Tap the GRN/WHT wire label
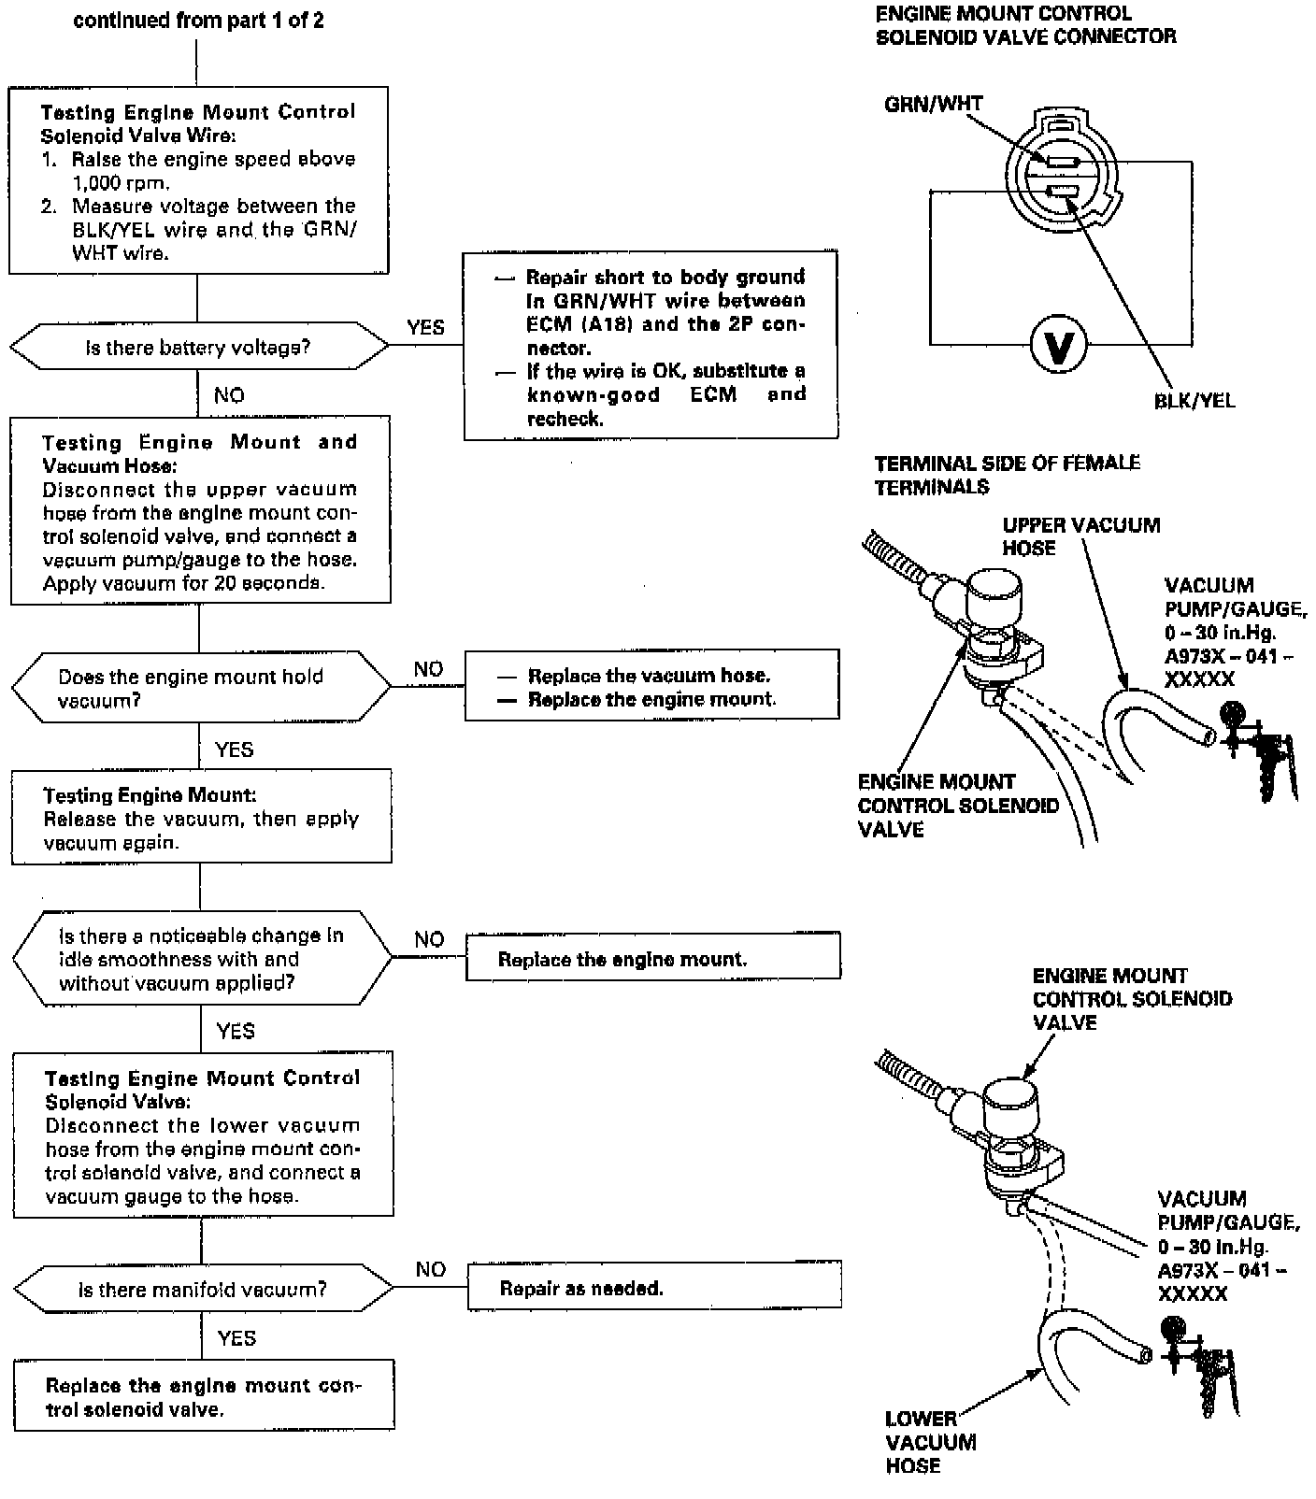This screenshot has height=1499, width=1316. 933,104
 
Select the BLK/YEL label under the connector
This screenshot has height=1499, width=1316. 1194,401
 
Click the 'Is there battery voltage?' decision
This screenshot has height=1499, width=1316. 198,348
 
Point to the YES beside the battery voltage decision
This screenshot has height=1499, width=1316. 425,327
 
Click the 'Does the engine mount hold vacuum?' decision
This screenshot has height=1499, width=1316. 201,688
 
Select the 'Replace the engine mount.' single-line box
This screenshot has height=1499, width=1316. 652,959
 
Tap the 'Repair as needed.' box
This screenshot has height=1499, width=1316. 653,1289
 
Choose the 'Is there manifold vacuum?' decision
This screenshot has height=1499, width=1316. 203,1290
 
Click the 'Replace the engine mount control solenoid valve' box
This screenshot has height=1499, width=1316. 204,1396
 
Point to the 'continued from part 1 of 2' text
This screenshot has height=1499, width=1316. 198,21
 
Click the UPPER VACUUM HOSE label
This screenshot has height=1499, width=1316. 1080,536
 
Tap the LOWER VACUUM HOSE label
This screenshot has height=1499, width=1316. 930,1442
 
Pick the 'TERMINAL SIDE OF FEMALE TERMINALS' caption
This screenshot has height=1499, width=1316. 1007,475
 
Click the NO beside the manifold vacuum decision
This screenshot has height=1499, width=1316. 430,1269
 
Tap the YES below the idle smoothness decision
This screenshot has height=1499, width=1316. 235,1031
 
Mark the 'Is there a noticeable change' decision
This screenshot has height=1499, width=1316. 202,959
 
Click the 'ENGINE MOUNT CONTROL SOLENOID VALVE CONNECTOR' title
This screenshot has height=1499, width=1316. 1025,25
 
